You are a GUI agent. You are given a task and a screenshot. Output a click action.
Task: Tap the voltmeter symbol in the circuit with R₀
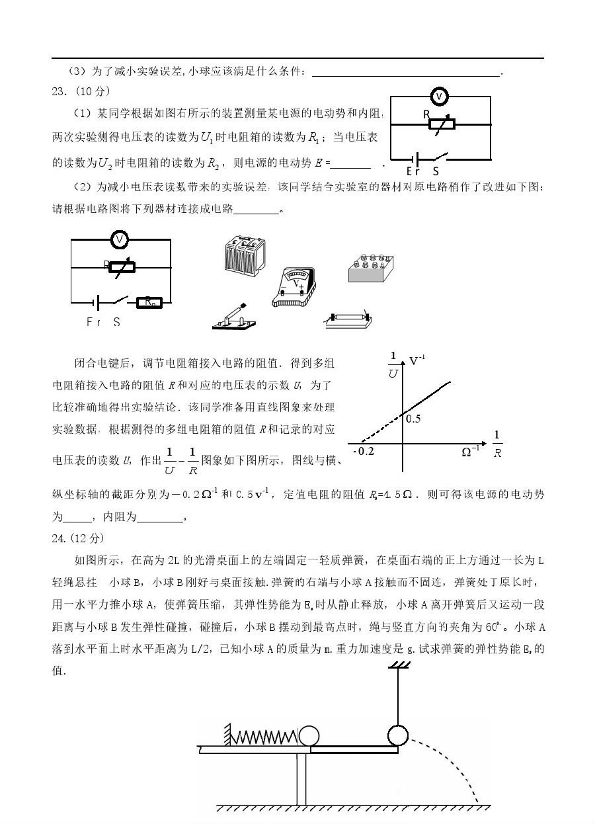point(120,239)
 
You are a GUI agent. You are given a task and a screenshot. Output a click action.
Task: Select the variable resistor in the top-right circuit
point(440,124)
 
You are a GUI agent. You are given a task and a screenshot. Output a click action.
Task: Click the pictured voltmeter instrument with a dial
point(295,285)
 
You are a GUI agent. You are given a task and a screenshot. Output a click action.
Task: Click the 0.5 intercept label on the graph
point(414,419)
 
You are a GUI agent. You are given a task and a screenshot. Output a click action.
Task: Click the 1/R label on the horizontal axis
point(497,444)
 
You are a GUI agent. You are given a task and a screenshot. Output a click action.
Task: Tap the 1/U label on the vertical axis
point(393,365)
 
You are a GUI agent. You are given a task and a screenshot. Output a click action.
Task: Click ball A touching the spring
point(308,736)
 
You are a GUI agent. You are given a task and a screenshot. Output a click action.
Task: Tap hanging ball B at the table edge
point(397,735)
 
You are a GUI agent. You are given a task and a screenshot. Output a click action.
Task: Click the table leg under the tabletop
point(302,777)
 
